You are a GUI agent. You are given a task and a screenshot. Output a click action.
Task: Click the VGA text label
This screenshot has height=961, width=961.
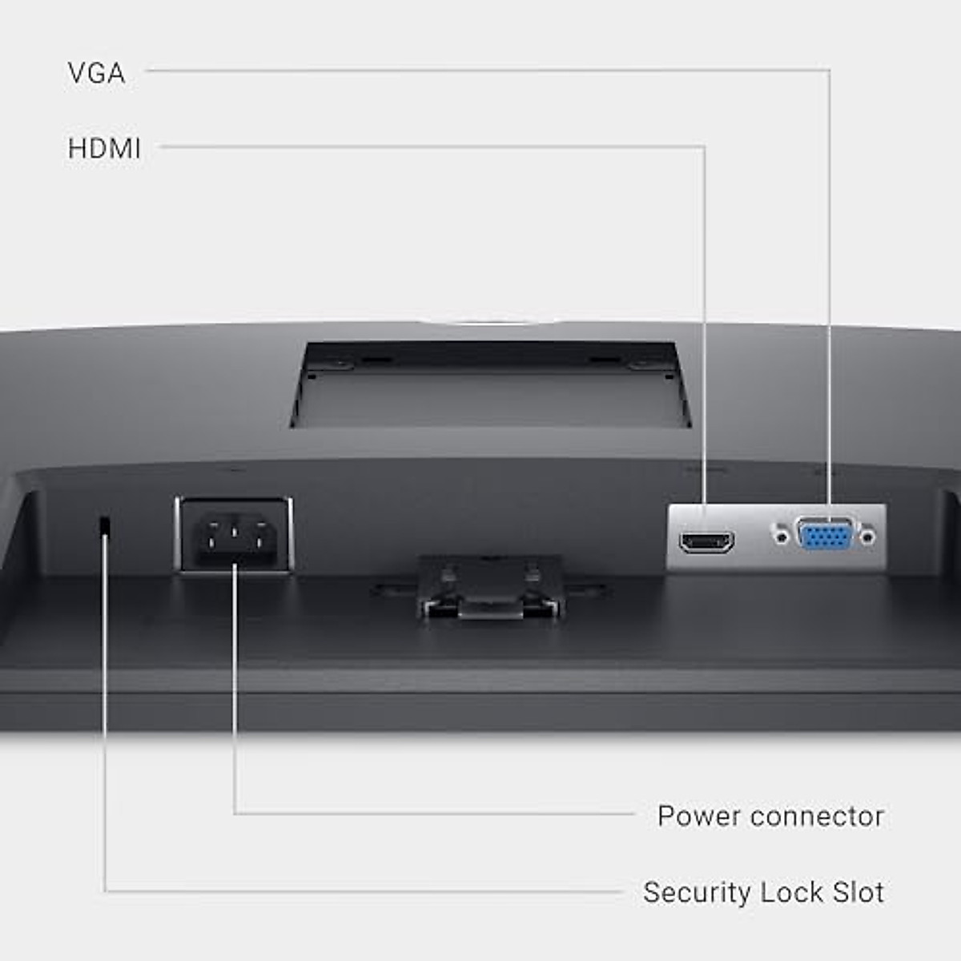point(96,74)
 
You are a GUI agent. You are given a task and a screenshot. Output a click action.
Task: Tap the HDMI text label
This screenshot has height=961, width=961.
point(104,149)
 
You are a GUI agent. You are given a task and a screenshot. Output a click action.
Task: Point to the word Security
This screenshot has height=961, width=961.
point(697,892)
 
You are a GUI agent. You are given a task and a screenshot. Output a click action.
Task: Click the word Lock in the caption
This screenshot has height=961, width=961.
point(792,891)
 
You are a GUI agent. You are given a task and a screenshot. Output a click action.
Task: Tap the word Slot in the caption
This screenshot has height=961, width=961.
point(858,891)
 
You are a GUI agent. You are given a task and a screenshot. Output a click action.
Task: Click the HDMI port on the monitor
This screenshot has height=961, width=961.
point(706,541)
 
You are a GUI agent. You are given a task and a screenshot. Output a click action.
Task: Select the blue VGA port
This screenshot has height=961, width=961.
point(825,534)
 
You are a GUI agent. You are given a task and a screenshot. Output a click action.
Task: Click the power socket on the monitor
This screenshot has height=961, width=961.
point(234,534)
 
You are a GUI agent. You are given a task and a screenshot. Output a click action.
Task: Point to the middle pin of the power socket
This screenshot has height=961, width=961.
point(234,529)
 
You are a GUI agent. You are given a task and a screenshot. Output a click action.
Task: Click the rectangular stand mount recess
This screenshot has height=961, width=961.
point(490,384)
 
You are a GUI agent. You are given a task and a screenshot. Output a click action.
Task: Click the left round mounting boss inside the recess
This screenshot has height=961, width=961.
point(340,363)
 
